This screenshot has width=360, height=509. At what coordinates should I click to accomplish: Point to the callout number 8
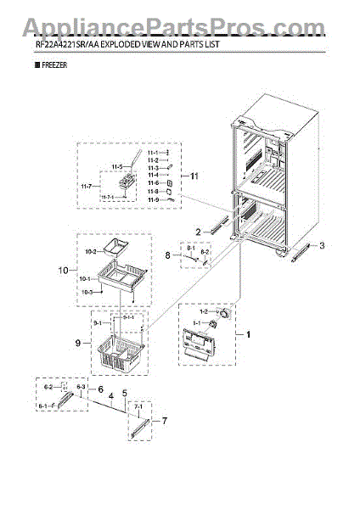coord(169,255)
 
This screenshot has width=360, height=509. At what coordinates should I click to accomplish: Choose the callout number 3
coord(323,246)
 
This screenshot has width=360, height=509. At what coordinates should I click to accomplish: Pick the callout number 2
coord(196,231)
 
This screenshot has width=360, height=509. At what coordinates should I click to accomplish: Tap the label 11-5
coord(118,166)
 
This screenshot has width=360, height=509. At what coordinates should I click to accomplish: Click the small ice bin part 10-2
coord(115,248)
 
